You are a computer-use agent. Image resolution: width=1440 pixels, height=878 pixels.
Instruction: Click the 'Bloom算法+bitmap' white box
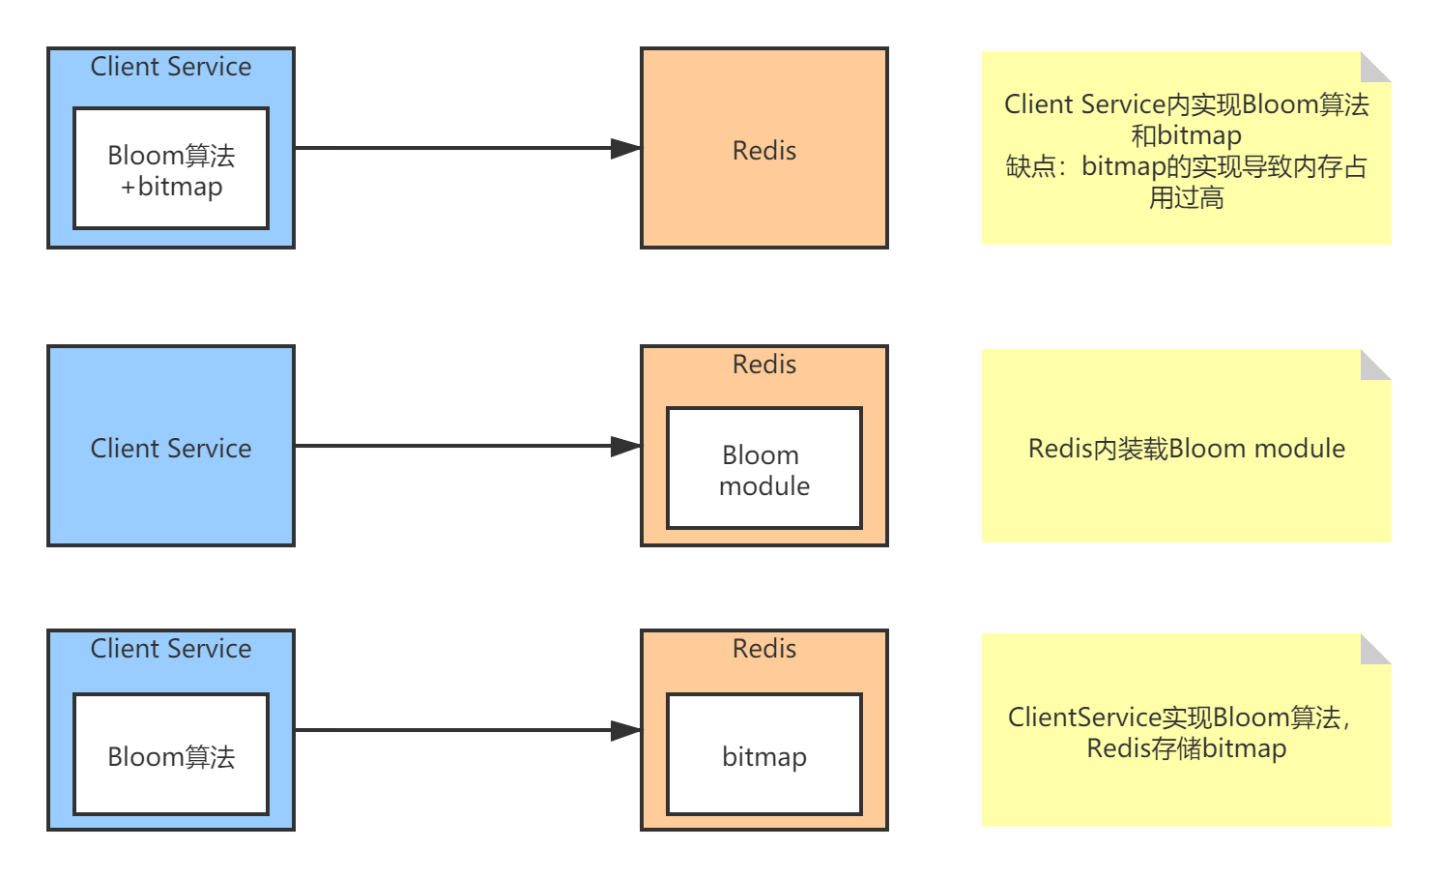click(x=171, y=169)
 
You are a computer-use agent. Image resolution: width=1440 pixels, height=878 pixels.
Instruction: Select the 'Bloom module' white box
click(x=763, y=469)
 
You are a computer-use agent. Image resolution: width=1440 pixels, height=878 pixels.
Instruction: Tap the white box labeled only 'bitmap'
click(x=763, y=755)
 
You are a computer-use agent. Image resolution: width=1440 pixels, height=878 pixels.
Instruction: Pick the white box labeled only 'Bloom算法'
click(x=171, y=755)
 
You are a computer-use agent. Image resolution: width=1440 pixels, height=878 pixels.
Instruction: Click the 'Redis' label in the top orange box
click(x=763, y=151)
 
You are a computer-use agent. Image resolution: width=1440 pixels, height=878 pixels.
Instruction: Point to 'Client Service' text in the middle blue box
click(x=171, y=449)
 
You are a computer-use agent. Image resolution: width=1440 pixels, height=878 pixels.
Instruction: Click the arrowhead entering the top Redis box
click(x=626, y=149)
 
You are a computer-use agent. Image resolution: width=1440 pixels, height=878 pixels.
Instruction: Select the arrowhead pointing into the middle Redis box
click(x=626, y=447)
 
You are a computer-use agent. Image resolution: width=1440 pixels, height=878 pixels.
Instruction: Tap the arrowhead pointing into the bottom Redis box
click(x=626, y=731)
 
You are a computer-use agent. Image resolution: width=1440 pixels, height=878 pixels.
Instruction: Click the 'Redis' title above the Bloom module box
click(x=763, y=365)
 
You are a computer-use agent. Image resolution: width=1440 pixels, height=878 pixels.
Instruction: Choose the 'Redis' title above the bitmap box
click(x=763, y=649)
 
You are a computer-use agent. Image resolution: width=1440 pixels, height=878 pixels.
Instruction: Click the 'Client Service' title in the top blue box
click(x=171, y=67)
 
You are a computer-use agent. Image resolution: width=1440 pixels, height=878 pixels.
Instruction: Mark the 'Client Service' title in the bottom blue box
click(x=171, y=649)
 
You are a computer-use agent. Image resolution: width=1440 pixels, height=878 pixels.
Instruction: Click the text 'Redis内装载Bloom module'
click(x=1186, y=449)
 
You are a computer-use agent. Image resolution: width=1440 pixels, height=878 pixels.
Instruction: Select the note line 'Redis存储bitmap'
click(x=1186, y=748)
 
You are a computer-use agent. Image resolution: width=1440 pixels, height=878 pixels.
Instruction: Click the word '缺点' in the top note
click(x=1030, y=166)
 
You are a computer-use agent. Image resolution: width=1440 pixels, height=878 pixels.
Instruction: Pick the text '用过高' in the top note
click(x=1186, y=198)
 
